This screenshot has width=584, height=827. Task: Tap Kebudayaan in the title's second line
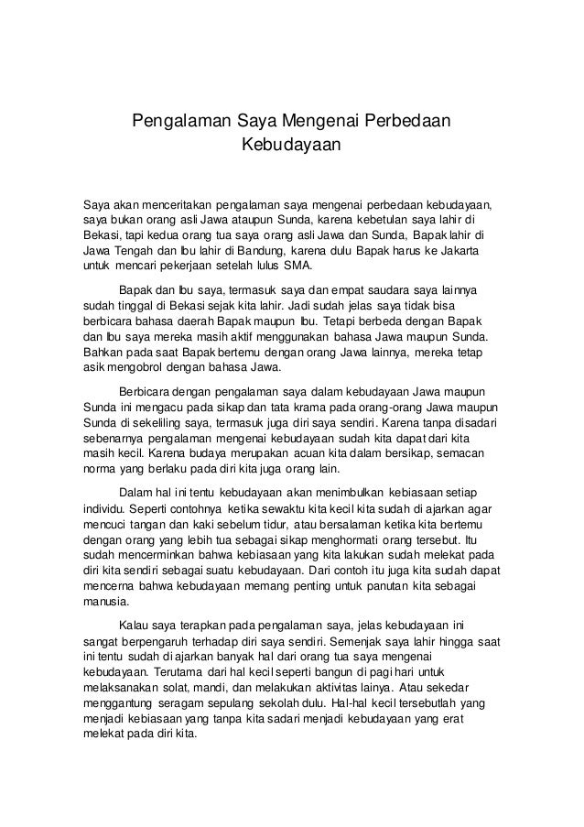[x=290, y=145]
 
